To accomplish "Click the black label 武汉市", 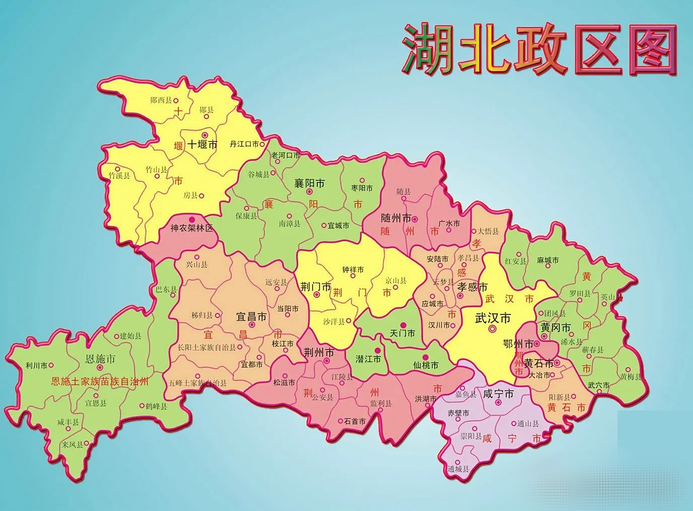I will [493, 318].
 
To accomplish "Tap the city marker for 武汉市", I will [492, 329].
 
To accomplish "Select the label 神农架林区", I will [192, 228].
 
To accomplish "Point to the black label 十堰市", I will [203, 144].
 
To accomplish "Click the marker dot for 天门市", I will [404, 325].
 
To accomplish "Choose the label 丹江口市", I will [244, 144].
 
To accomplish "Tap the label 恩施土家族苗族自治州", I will [100, 382].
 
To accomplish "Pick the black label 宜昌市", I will [251, 317].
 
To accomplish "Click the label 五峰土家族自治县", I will [197, 383].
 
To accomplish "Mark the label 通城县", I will [458, 469].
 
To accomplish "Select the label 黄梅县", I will [631, 376].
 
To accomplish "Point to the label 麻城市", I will [548, 260].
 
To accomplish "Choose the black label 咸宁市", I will [498, 394].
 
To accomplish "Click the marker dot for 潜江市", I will [377, 350].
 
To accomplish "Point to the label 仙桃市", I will [426, 365].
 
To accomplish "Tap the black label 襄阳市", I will [309, 183].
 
